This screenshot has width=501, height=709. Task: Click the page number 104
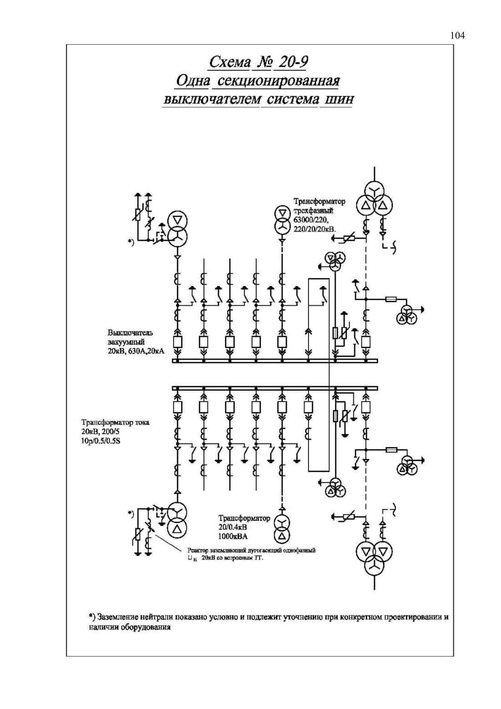click(x=457, y=35)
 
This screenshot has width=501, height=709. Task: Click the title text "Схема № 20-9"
click(x=258, y=62)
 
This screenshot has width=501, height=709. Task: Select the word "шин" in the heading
click(x=337, y=99)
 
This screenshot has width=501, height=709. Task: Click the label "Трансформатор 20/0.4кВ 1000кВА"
click(x=244, y=527)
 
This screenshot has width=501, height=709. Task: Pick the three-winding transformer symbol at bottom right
click(x=374, y=556)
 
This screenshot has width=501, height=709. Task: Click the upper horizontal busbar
click(x=275, y=360)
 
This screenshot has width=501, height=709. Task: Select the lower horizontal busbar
click(x=275, y=388)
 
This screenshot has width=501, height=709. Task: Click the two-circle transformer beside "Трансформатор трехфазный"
click(x=281, y=220)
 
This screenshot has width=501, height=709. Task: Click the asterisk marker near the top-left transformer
click(x=131, y=242)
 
